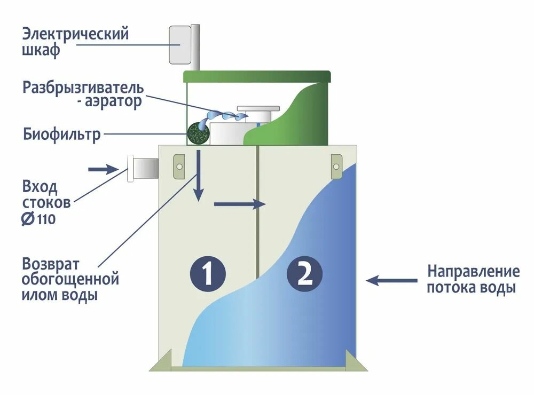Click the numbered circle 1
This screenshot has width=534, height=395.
pos(208,274)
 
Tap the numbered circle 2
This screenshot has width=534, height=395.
pos(304,274)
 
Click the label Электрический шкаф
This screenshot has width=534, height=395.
pos(75,43)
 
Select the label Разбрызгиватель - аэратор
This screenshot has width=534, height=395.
pos(83,94)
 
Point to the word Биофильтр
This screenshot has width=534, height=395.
pos(61,135)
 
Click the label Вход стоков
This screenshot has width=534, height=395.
pos(46,195)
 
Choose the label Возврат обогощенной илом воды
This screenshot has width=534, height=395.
pos(69,279)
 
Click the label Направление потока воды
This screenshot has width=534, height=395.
pos(473,279)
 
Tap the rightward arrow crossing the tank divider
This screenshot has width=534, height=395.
pos(239,204)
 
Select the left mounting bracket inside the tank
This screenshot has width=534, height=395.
pos(179,165)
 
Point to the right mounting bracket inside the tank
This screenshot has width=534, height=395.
pos(336,164)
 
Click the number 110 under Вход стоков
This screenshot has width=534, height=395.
pos(46,219)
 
